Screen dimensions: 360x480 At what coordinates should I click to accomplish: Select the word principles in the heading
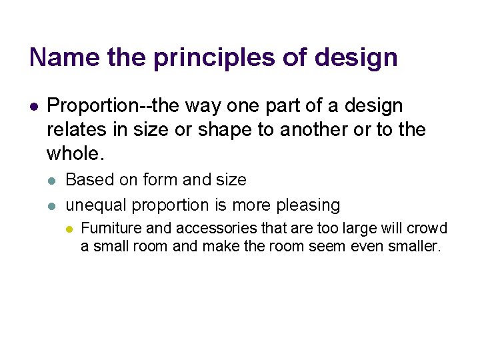point(215,57)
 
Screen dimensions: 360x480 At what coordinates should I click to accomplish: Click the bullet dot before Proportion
point(34,106)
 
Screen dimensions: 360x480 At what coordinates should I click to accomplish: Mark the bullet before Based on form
point(53,181)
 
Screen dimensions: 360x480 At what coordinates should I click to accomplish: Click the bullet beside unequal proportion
point(53,205)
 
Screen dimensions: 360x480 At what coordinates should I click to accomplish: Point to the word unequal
point(95,205)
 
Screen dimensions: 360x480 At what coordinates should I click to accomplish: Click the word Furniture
point(111,229)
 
